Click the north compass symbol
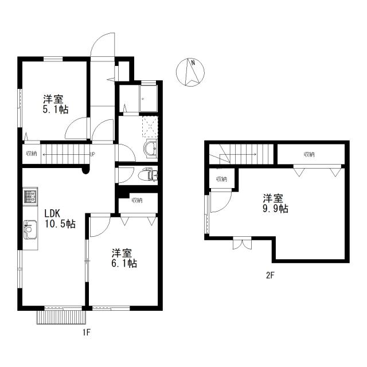(190, 72)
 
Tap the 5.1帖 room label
(56, 104)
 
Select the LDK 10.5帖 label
(60, 218)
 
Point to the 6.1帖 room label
(124, 258)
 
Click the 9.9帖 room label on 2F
(275, 203)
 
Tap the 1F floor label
(87, 333)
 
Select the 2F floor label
(270, 275)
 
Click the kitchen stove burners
(30, 197)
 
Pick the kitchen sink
(30, 229)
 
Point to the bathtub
(149, 99)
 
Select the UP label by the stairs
(92, 154)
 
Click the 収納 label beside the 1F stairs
(32, 154)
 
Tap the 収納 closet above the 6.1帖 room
(137, 200)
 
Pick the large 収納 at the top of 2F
(309, 154)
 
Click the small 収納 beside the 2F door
(222, 179)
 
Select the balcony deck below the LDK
(61, 317)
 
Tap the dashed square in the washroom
(150, 126)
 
